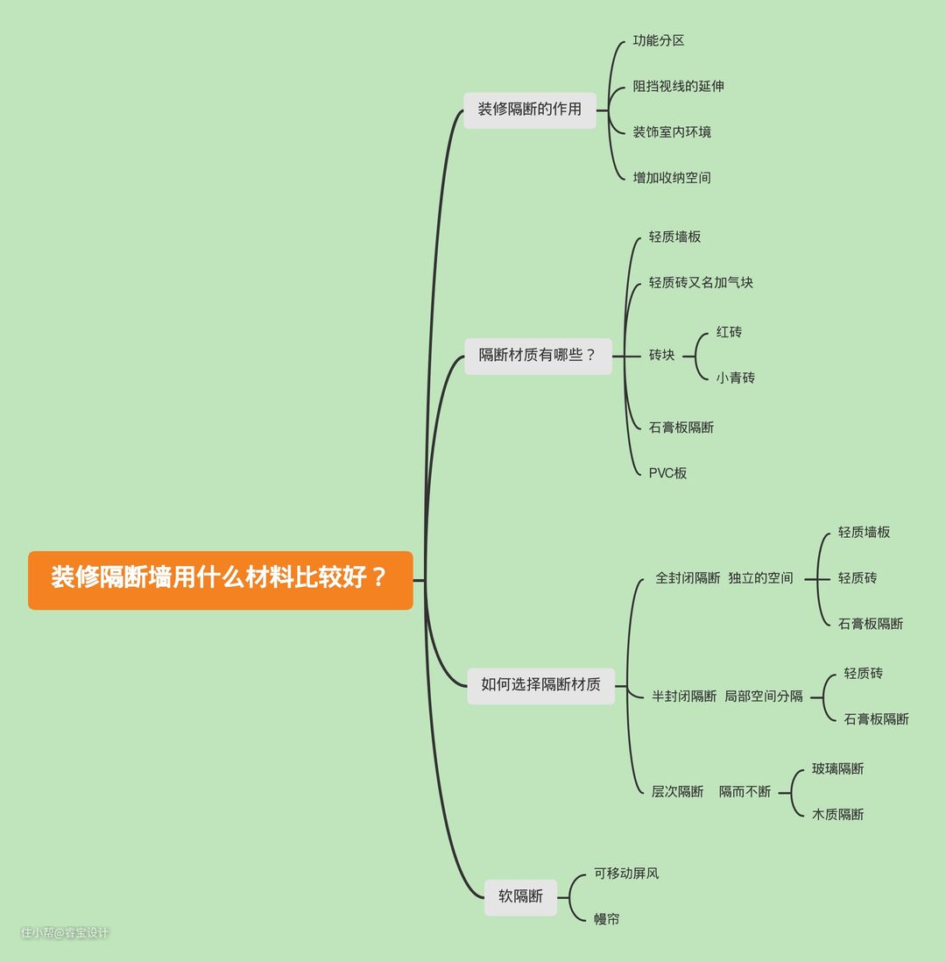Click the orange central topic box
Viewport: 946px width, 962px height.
[x=220, y=580]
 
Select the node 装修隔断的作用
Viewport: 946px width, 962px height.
[x=529, y=110]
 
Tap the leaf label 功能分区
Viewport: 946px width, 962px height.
[x=659, y=40]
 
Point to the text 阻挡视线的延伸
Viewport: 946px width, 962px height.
[x=678, y=86]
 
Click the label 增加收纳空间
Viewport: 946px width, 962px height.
[x=672, y=178]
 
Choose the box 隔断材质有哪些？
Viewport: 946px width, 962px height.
[x=538, y=356]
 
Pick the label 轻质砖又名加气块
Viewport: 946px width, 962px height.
[x=701, y=282]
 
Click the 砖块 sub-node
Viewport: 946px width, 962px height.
[x=661, y=355]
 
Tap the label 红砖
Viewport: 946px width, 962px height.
[x=729, y=332]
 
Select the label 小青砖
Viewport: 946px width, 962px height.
[x=736, y=378]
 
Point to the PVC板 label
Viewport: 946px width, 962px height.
[x=667, y=473]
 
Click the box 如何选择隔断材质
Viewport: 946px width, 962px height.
[x=540, y=685]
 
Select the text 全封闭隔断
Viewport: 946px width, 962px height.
[x=687, y=578]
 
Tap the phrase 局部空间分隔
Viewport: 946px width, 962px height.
[x=764, y=697]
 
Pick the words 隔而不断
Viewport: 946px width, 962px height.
[x=745, y=791]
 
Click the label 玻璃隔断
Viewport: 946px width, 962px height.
[x=837, y=768]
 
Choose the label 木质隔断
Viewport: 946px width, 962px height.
[x=837, y=814]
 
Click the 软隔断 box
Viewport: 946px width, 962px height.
[x=520, y=897]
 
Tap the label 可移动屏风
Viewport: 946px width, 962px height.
[x=626, y=873]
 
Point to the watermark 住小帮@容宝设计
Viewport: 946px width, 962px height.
[x=65, y=932]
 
